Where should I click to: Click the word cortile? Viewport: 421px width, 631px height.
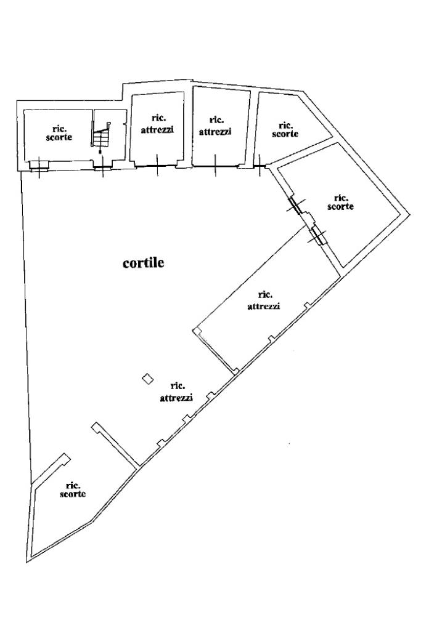(x=144, y=263)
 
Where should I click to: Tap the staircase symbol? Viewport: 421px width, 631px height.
(x=102, y=134)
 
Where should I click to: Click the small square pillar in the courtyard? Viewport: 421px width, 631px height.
(x=147, y=379)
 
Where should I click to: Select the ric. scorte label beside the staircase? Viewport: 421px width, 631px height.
(x=59, y=132)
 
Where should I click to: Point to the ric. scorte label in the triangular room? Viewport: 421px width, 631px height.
(x=285, y=129)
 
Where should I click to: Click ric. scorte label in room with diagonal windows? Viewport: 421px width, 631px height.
(x=341, y=202)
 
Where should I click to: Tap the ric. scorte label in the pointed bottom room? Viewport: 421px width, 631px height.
(x=73, y=489)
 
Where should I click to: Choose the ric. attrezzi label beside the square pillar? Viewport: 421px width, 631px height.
(x=177, y=392)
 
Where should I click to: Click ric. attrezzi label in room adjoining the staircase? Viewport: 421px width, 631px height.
(x=157, y=125)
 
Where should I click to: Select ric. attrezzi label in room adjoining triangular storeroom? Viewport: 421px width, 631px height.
(x=215, y=126)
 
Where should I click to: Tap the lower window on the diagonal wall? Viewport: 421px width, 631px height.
(x=318, y=235)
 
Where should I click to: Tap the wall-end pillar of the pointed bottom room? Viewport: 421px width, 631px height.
(x=64, y=459)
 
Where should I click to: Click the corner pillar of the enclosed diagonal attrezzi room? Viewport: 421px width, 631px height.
(x=197, y=332)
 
